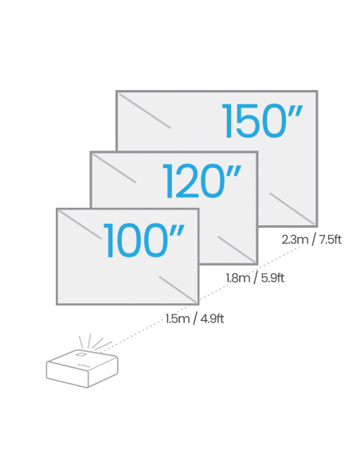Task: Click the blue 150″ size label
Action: point(263,121)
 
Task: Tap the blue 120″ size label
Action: point(202,181)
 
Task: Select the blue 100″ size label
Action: point(144,240)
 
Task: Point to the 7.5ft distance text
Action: point(331,240)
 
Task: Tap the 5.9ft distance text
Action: point(273,278)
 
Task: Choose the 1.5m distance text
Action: point(178,318)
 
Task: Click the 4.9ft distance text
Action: point(213,318)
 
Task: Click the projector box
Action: point(82,369)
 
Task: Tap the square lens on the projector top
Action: point(80,354)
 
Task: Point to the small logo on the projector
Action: point(84,365)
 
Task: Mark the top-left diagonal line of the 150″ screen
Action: point(145,111)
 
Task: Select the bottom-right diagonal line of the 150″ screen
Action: point(292,208)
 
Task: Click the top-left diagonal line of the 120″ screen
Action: point(115,168)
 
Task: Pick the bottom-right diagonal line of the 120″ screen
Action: point(237,249)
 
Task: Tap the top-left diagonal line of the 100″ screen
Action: point(80,225)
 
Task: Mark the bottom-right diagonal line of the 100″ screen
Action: point(178,290)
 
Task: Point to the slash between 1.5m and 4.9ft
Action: point(195,319)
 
